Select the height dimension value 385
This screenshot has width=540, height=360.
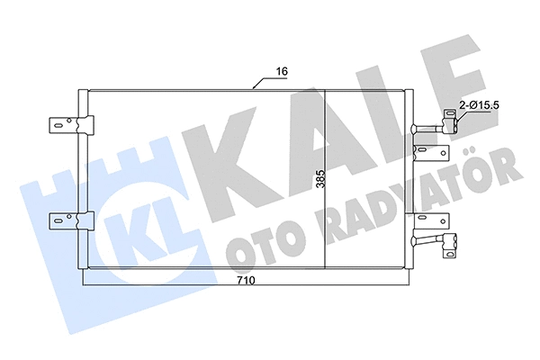[x=319, y=180]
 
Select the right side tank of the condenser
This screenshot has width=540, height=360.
[x=409, y=180]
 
